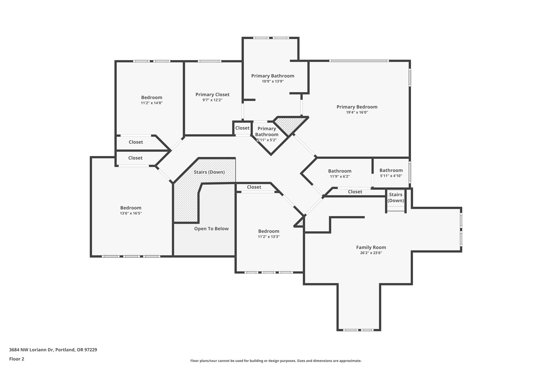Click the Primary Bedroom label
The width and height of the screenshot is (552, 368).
(x=357, y=107)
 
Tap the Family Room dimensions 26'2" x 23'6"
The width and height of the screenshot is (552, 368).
(x=371, y=253)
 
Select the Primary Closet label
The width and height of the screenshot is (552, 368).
(x=212, y=94)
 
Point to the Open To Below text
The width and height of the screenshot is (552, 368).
(x=211, y=229)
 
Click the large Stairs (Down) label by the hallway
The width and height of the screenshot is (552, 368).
(x=209, y=172)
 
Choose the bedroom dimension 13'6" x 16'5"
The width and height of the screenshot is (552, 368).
(x=131, y=213)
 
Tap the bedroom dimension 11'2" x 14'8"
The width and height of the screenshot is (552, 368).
(x=152, y=103)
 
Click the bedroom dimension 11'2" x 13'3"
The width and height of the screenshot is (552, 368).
(x=268, y=237)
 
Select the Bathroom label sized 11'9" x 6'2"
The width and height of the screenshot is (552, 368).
(x=340, y=171)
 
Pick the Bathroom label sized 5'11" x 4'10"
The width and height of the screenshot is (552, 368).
(x=391, y=170)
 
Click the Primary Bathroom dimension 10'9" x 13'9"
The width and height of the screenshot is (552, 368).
(x=272, y=81)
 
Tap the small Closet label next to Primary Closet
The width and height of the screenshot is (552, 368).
(x=242, y=128)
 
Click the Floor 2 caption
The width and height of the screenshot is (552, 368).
(x=17, y=359)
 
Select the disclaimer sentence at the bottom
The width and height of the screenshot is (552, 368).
(x=276, y=361)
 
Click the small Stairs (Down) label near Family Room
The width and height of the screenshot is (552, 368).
(x=395, y=197)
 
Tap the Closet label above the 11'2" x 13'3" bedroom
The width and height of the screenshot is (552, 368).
(x=254, y=187)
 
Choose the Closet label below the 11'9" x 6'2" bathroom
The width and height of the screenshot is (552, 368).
(x=355, y=192)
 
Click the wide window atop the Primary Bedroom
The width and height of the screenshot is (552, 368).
(x=359, y=61)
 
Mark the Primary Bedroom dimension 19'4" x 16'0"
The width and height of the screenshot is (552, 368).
(x=357, y=112)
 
